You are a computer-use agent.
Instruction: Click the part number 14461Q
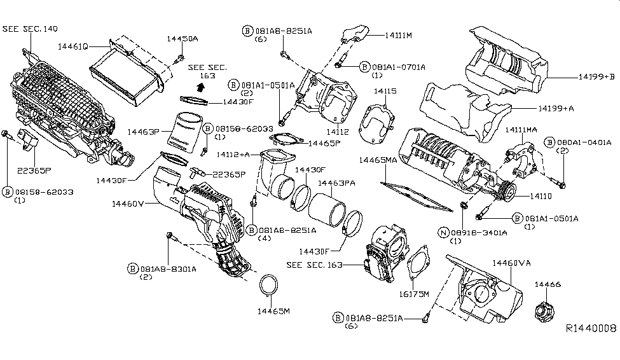coord(72,46)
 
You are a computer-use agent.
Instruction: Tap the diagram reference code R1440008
coord(591,329)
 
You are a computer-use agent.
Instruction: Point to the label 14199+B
coord(596,76)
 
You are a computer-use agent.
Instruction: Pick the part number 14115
coord(385,92)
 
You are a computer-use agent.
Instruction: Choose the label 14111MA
coord(521,130)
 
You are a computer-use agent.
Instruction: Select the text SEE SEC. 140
coord(29,29)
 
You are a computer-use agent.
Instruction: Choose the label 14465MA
coord(378,160)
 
